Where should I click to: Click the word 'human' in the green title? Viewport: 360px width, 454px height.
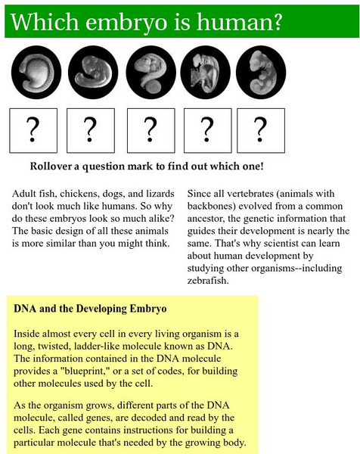[235, 22]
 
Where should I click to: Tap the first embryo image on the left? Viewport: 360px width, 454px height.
[36, 72]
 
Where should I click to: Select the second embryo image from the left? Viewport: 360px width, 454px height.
[93, 72]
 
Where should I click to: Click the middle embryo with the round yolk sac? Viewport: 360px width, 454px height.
[151, 72]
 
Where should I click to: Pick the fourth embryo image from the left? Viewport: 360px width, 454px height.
[206, 72]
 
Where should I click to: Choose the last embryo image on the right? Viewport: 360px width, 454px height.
[261, 72]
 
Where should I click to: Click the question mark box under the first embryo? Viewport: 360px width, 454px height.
[33, 131]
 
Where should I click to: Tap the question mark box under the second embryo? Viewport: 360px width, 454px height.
[91, 131]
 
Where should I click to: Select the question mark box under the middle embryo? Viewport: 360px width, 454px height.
[151, 131]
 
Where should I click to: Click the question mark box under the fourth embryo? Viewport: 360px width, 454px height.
[208, 131]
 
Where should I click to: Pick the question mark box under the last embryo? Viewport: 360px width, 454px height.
[261, 131]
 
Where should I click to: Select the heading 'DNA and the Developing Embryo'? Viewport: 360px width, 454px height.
[90, 309]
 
